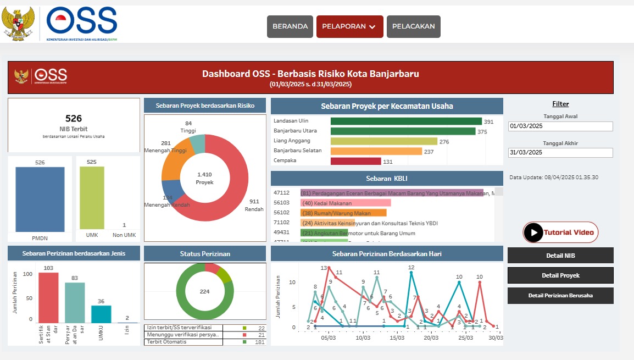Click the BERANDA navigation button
click(x=290, y=26)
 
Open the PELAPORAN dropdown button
click(x=349, y=26)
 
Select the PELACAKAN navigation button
click(x=413, y=26)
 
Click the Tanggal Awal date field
click(x=560, y=126)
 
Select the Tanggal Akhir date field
click(x=560, y=153)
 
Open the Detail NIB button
click(x=560, y=256)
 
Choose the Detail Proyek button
click(x=560, y=275)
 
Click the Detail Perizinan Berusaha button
click(x=560, y=295)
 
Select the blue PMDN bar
click(x=40, y=199)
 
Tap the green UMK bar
click(x=92, y=198)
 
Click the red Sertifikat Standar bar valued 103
click(x=48, y=297)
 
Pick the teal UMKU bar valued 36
click(x=101, y=314)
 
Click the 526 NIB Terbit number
click(x=73, y=118)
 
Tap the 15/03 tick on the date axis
click(x=397, y=337)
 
